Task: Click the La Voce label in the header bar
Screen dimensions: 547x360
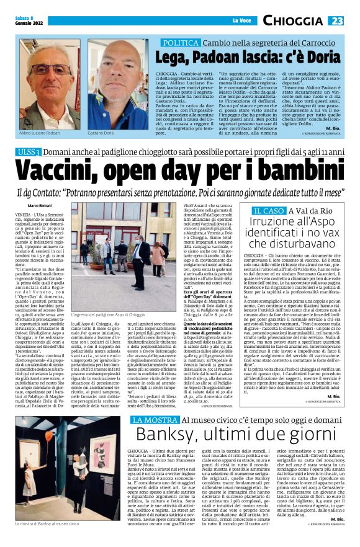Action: pos(240,21)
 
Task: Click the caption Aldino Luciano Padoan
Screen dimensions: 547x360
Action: pos(39,133)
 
